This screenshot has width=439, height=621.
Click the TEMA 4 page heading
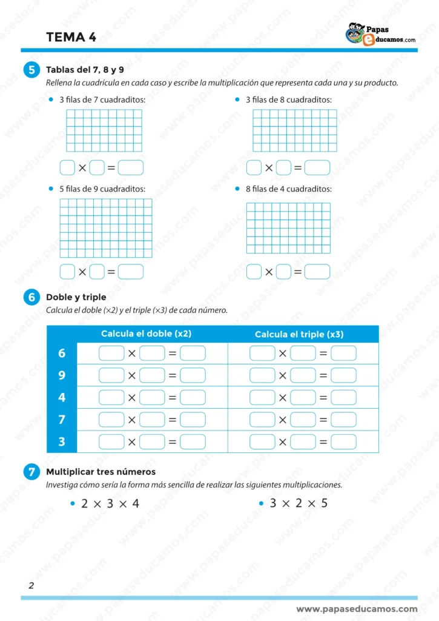[71, 38]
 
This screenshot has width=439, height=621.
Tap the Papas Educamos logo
[380, 34]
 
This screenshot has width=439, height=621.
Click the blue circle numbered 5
[32, 70]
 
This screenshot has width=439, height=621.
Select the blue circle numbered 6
[32, 297]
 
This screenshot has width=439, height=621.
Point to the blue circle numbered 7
[32, 472]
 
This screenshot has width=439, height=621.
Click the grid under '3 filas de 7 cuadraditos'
[104, 130]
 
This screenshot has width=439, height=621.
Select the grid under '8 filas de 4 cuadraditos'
[288, 227]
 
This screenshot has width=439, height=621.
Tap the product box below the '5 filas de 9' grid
[131, 272]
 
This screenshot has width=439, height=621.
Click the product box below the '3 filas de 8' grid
[317, 167]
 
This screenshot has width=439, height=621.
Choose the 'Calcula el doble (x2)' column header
[146, 334]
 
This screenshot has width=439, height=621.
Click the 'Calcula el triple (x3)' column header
[299, 334]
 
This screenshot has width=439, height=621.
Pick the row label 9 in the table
[62, 375]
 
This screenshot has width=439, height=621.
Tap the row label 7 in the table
[62, 420]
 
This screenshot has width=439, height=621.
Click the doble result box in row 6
[193, 353]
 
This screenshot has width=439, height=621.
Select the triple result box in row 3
[343, 442]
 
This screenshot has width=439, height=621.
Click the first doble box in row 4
[111, 398]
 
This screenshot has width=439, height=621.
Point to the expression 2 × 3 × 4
[110, 503]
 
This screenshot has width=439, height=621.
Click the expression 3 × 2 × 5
[298, 503]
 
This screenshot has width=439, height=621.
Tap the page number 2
[31, 585]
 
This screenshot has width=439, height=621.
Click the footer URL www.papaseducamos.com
[357, 609]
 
